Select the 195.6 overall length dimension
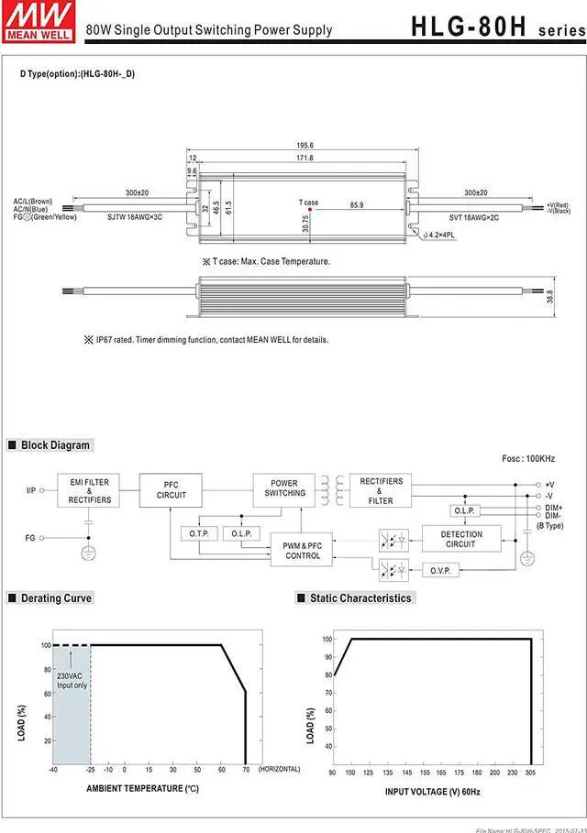pyautogui.click(x=305, y=145)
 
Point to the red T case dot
pyautogui.click(x=310, y=209)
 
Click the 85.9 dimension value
pyautogui.click(x=356, y=204)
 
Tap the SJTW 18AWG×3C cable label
pyautogui.click(x=136, y=217)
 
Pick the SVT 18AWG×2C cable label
pyautogui.click(x=473, y=217)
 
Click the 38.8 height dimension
pyautogui.click(x=574, y=298)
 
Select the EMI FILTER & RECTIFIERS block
pyautogui.click(x=89, y=490)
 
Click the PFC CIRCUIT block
pyautogui.click(x=171, y=490)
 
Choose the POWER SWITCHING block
pyautogui.click(x=284, y=488)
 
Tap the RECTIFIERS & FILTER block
pyautogui.click(x=381, y=490)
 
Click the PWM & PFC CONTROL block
pyautogui.click(x=303, y=551)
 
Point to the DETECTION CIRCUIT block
pyautogui.click(x=460, y=539)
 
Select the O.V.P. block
pyautogui.click(x=439, y=570)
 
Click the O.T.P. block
pyautogui.click(x=199, y=533)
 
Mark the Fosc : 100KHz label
pyautogui.click(x=528, y=458)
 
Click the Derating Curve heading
pyautogui.click(x=56, y=598)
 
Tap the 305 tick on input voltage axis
pyautogui.click(x=531, y=773)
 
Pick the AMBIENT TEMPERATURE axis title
pyautogui.click(x=142, y=788)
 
